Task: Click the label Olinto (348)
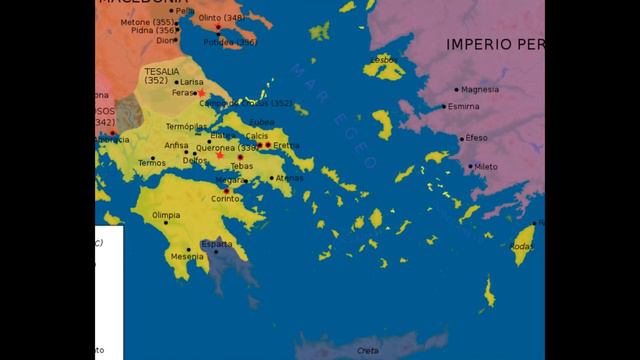(x=222, y=18)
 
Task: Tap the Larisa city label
(x=193, y=81)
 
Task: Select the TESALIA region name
(x=161, y=72)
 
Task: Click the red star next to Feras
(x=200, y=93)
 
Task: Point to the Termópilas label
(x=187, y=127)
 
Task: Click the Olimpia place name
(x=165, y=215)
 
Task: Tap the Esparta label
(x=216, y=244)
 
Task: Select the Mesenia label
(x=186, y=257)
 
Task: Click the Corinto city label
(x=226, y=199)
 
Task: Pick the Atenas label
(x=289, y=178)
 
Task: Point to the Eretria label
(x=286, y=145)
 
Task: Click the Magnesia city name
(x=480, y=89)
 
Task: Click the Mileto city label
(x=486, y=166)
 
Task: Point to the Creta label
(x=368, y=351)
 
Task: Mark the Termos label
(x=152, y=162)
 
